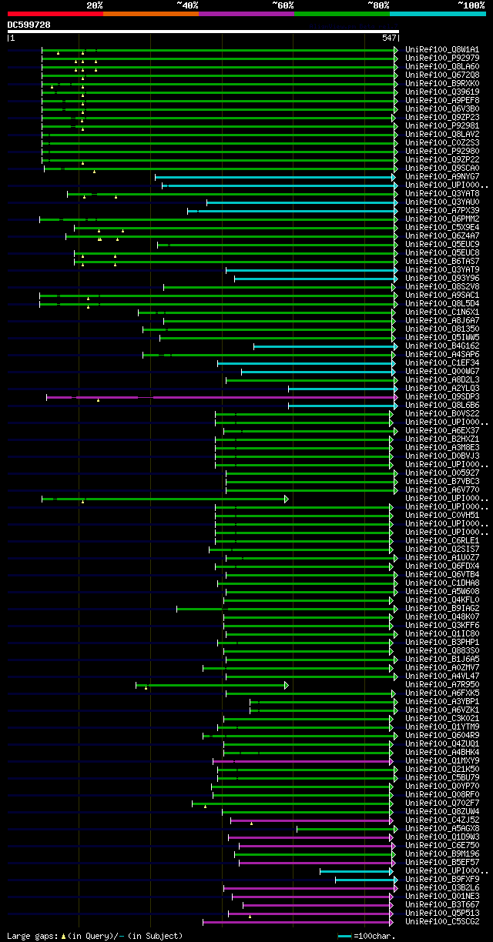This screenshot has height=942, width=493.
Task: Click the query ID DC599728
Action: [29, 25]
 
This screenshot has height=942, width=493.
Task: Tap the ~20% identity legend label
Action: [94, 5]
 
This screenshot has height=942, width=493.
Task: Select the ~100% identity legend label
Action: [471, 5]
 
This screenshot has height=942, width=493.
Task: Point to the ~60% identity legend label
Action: [282, 5]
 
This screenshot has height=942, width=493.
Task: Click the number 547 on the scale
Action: [389, 38]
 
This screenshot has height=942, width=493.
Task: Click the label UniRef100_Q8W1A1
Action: [442, 49]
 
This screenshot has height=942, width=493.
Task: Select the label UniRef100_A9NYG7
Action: [442, 176]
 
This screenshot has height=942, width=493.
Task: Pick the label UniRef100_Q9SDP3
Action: [442, 397]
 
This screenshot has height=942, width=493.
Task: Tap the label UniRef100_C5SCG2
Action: [442, 921]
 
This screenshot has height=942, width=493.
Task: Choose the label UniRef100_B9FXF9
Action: [442, 879]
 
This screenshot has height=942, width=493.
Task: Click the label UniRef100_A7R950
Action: [442, 684]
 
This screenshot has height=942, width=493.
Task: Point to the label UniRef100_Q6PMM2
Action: [442, 219]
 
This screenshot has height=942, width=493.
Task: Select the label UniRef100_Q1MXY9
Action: [442, 760]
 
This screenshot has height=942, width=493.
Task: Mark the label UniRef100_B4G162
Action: [442, 346]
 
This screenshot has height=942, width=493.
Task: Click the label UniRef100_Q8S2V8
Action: [442, 287]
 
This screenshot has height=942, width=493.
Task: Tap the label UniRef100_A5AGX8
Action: [442, 828]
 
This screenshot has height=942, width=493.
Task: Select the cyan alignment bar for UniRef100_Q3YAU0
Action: [300, 202]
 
